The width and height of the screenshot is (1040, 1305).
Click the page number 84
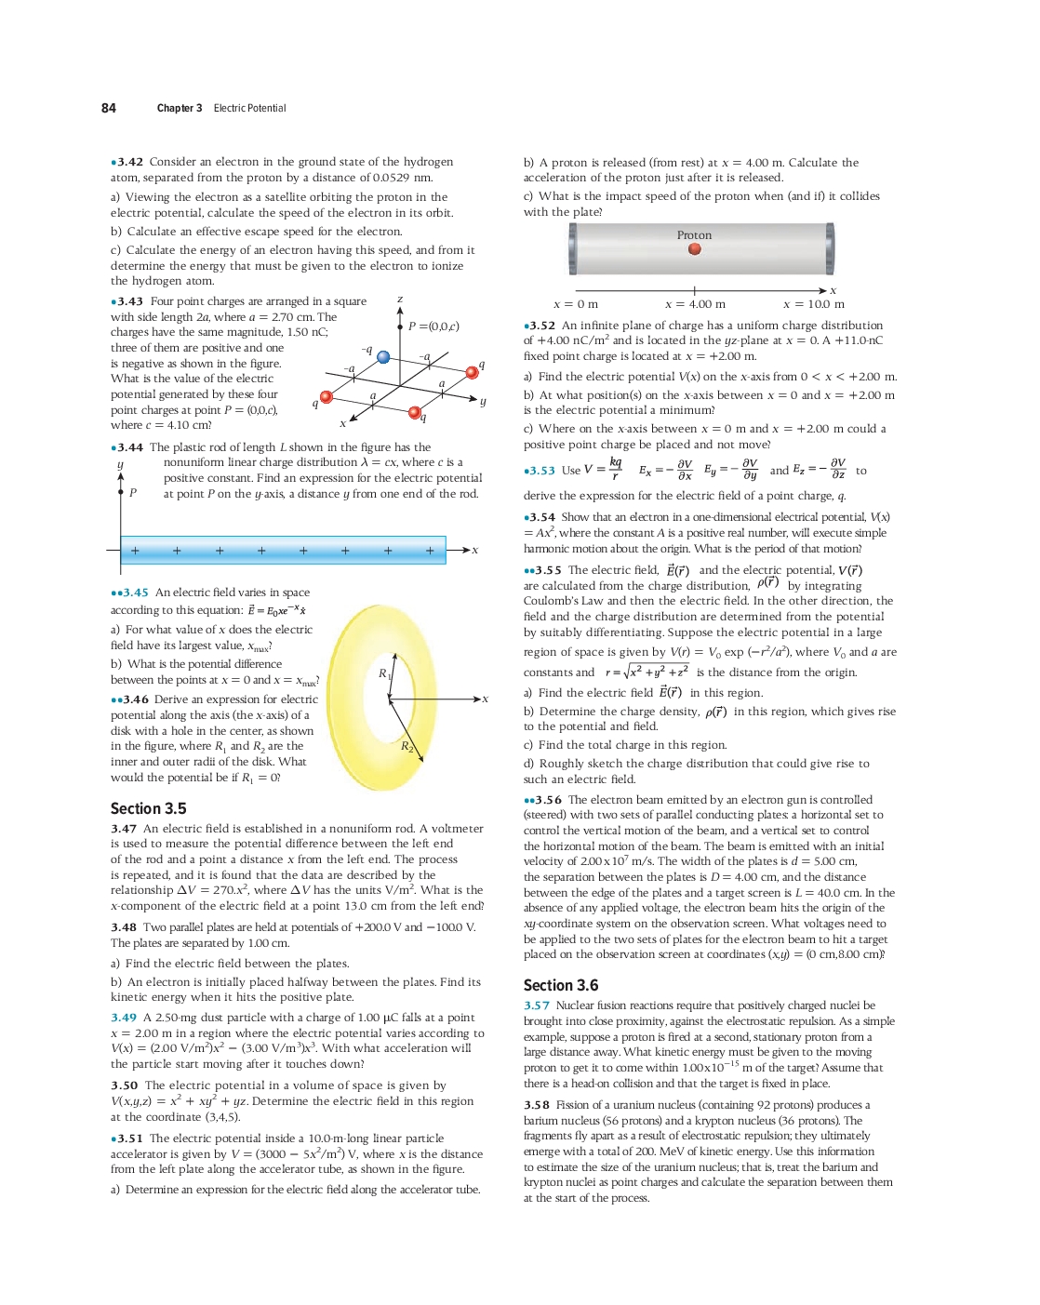point(109,108)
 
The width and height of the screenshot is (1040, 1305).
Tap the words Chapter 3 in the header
point(180,108)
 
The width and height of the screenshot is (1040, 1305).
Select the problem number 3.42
point(129,162)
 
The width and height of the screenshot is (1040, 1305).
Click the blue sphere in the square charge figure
point(383,357)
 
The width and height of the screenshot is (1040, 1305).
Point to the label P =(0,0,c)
point(433,326)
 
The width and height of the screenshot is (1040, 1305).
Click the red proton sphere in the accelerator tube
point(694,249)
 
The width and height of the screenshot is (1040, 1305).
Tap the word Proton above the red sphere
point(694,235)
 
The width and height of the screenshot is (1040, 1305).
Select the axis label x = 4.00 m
point(695,304)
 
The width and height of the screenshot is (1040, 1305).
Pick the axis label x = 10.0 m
point(813,304)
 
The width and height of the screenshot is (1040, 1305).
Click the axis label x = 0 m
point(576,304)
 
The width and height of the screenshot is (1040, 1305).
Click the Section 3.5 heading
point(148,808)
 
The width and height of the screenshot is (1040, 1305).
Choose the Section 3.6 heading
point(561,985)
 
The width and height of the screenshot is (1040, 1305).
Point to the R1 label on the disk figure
point(383,672)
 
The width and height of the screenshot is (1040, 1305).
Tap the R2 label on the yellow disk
point(407,746)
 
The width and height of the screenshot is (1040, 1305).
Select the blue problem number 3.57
point(537,1005)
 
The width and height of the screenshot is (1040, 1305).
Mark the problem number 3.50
point(124,1085)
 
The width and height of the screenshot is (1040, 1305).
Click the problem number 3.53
point(541,471)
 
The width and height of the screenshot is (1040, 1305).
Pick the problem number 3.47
point(124,829)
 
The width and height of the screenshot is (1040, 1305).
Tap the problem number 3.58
point(537,1105)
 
